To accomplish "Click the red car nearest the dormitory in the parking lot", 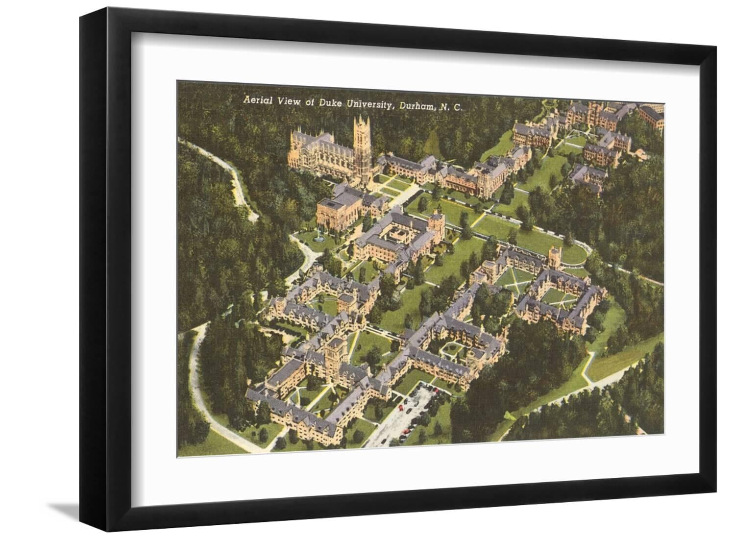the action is [x=401, y=408].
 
